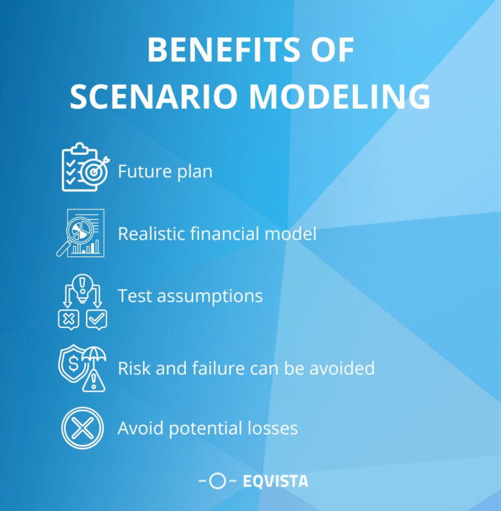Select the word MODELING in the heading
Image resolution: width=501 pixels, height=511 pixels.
339,97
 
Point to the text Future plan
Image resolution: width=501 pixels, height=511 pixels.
165,172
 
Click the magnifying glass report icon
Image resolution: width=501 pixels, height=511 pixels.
81,233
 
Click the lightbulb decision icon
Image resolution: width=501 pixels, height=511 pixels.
82,300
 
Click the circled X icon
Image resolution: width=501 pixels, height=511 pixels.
83,428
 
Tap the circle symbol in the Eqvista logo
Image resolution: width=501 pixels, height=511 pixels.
218,482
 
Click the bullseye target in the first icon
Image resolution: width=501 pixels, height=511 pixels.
93,173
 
